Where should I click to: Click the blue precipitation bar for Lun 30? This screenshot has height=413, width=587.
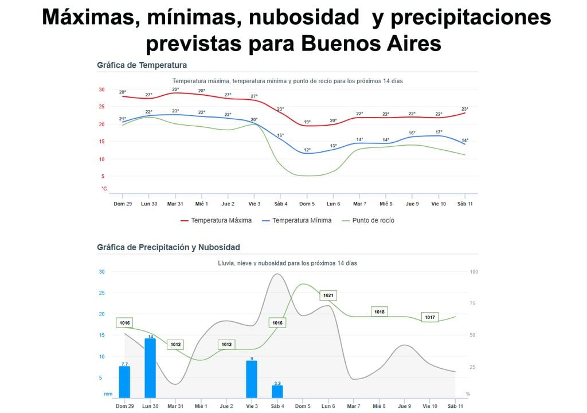coord(150,368)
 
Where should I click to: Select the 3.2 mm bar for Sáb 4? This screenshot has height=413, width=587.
coord(277,391)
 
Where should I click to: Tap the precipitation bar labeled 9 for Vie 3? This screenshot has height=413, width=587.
coord(252,379)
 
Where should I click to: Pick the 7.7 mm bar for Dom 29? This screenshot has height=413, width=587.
coord(124,382)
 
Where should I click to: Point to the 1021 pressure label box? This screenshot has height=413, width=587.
coord(328,295)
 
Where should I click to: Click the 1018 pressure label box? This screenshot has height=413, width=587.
coord(379,311)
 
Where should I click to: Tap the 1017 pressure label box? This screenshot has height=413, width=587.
coord(430,317)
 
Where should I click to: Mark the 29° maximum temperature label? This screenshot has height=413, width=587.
coord(175,89)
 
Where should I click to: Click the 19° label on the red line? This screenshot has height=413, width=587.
coord(307,122)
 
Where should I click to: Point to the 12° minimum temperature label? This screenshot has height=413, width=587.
coord(307,150)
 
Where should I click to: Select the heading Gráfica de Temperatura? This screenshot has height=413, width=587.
coord(142,65)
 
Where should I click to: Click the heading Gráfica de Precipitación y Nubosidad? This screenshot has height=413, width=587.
coord(169,247)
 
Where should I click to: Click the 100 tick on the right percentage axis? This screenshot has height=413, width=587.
coord(473,271)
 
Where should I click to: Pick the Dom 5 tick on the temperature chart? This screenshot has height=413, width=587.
coord(307,204)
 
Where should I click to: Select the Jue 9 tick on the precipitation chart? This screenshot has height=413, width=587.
coord(405,406)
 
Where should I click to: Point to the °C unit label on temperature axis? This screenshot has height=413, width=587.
coord(104,189)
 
